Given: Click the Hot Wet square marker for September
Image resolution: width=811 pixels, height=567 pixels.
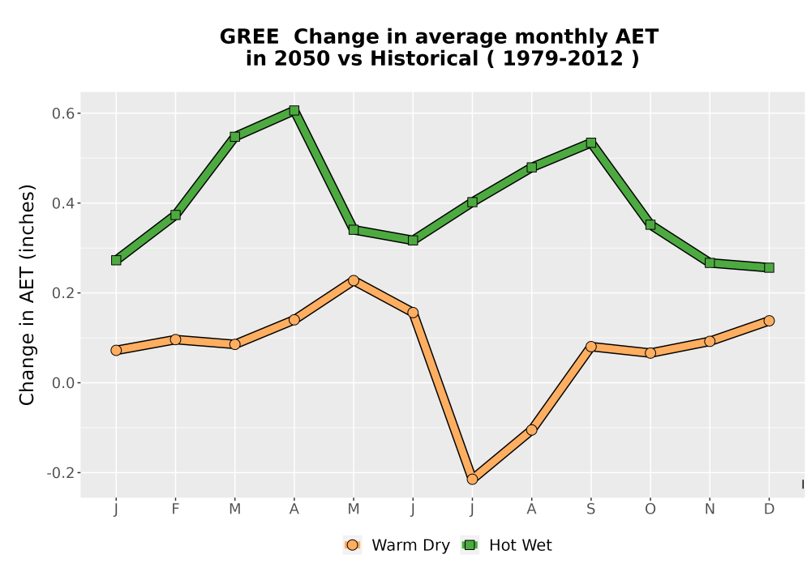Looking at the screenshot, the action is [x=590, y=143].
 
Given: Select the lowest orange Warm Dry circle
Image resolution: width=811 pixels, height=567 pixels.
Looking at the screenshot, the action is [x=472, y=480].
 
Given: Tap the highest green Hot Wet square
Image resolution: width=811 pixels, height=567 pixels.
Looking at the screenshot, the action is [x=294, y=110].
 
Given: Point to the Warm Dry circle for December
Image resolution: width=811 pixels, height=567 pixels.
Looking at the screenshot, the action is [x=769, y=321].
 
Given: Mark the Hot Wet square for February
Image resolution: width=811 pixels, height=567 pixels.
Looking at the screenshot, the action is [x=175, y=215].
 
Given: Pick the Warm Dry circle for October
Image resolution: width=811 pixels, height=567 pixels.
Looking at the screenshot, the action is [x=650, y=353].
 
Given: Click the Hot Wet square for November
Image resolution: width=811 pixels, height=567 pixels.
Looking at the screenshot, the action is [x=710, y=262].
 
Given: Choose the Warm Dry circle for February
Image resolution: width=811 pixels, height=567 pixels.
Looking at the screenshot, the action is [x=175, y=339].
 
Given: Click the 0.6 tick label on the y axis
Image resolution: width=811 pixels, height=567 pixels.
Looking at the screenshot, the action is [x=62, y=113].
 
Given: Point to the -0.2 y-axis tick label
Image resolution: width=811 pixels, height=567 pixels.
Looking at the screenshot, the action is [x=60, y=473].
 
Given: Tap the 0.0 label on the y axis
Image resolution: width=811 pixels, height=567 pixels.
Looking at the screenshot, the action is [x=62, y=383].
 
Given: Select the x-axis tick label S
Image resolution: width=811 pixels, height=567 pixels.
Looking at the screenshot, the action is [x=590, y=509].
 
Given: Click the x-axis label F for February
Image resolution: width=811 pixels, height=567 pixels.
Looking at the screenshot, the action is [x=175, y=509].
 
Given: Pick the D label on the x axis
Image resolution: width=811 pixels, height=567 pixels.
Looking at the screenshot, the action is [x=769, y=509].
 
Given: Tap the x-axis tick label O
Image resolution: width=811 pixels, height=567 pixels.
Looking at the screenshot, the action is [x=650, y=509].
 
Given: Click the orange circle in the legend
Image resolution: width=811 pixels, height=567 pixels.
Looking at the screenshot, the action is [x=352, y=545].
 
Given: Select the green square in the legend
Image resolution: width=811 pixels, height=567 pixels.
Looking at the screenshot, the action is [x=470, y=545].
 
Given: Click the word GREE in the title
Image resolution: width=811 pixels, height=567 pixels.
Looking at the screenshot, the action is [x=249, y=37].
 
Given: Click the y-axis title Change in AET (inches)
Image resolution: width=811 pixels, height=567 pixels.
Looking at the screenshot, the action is [x=27, y=295].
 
